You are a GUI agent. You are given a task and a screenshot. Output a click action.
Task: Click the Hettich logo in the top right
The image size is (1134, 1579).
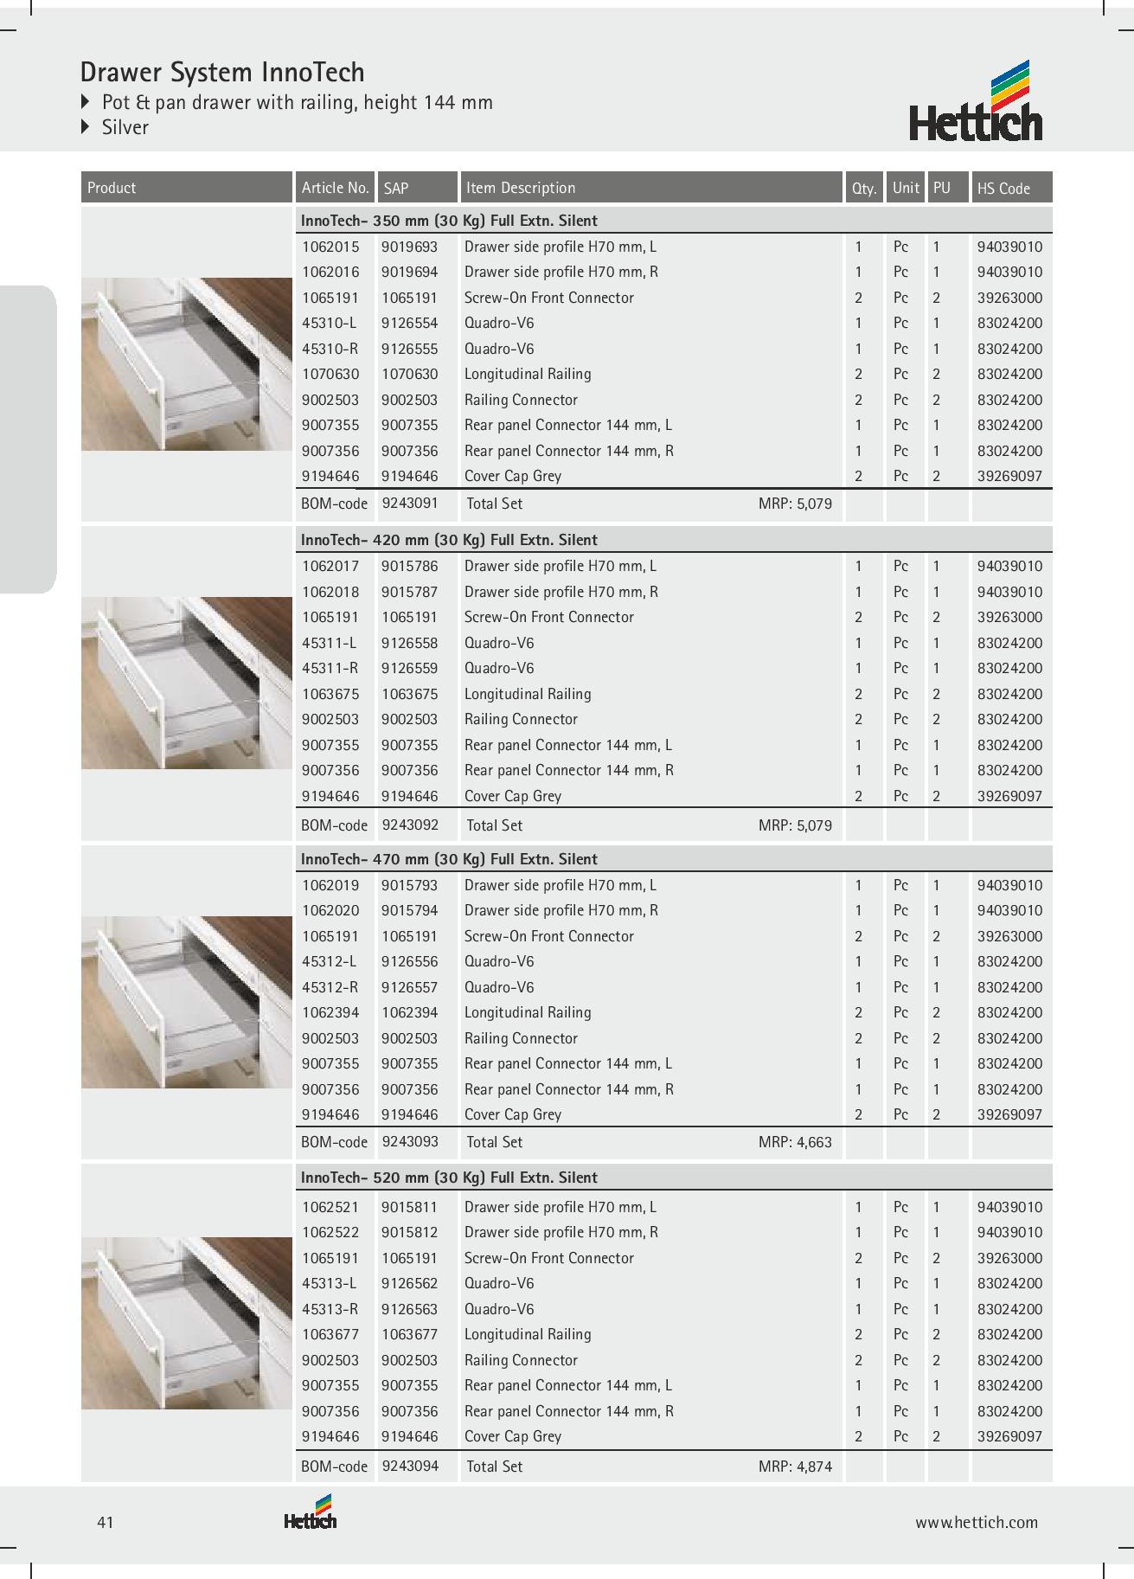[976, 101]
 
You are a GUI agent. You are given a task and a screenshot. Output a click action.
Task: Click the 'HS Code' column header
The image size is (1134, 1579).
[1003, 188]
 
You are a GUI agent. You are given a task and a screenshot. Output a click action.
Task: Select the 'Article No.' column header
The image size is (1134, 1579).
[335, 188]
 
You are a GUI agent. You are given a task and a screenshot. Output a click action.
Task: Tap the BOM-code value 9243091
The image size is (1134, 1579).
[410, 503]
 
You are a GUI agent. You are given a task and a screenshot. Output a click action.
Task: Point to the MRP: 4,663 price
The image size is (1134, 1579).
[795, 1142]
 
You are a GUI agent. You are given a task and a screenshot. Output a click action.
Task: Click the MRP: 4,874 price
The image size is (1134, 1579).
[795, 1467]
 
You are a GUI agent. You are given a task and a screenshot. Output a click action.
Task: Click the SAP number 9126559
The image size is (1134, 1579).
[410, 668]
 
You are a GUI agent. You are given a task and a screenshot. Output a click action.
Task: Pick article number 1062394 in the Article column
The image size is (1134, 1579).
[330, 1012]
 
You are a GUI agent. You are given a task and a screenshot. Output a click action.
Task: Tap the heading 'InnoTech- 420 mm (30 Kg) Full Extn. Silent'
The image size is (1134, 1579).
[449, 540]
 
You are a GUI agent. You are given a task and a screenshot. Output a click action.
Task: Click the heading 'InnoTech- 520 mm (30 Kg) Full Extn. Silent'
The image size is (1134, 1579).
[449, 1178]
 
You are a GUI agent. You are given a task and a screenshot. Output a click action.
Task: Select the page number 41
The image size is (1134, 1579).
[106, 1523]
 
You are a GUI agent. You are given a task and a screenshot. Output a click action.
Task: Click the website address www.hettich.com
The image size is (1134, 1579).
[977, 1523]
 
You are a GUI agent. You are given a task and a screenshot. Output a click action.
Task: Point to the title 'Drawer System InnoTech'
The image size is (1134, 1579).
[222, 72]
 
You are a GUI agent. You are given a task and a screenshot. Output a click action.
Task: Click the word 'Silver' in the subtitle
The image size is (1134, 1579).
[125, 127]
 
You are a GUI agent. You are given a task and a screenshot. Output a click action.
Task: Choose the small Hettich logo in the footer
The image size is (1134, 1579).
[310, 1513]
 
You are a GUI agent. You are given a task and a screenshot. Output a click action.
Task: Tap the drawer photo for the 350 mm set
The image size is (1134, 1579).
[187, 363]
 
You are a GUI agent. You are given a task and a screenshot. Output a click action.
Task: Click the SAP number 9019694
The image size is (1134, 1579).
[410, 272]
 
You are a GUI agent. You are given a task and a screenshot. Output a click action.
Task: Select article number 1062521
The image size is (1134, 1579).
[330, 1207]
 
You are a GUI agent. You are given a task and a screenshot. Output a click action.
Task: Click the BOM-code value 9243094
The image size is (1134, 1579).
[410, 1467]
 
